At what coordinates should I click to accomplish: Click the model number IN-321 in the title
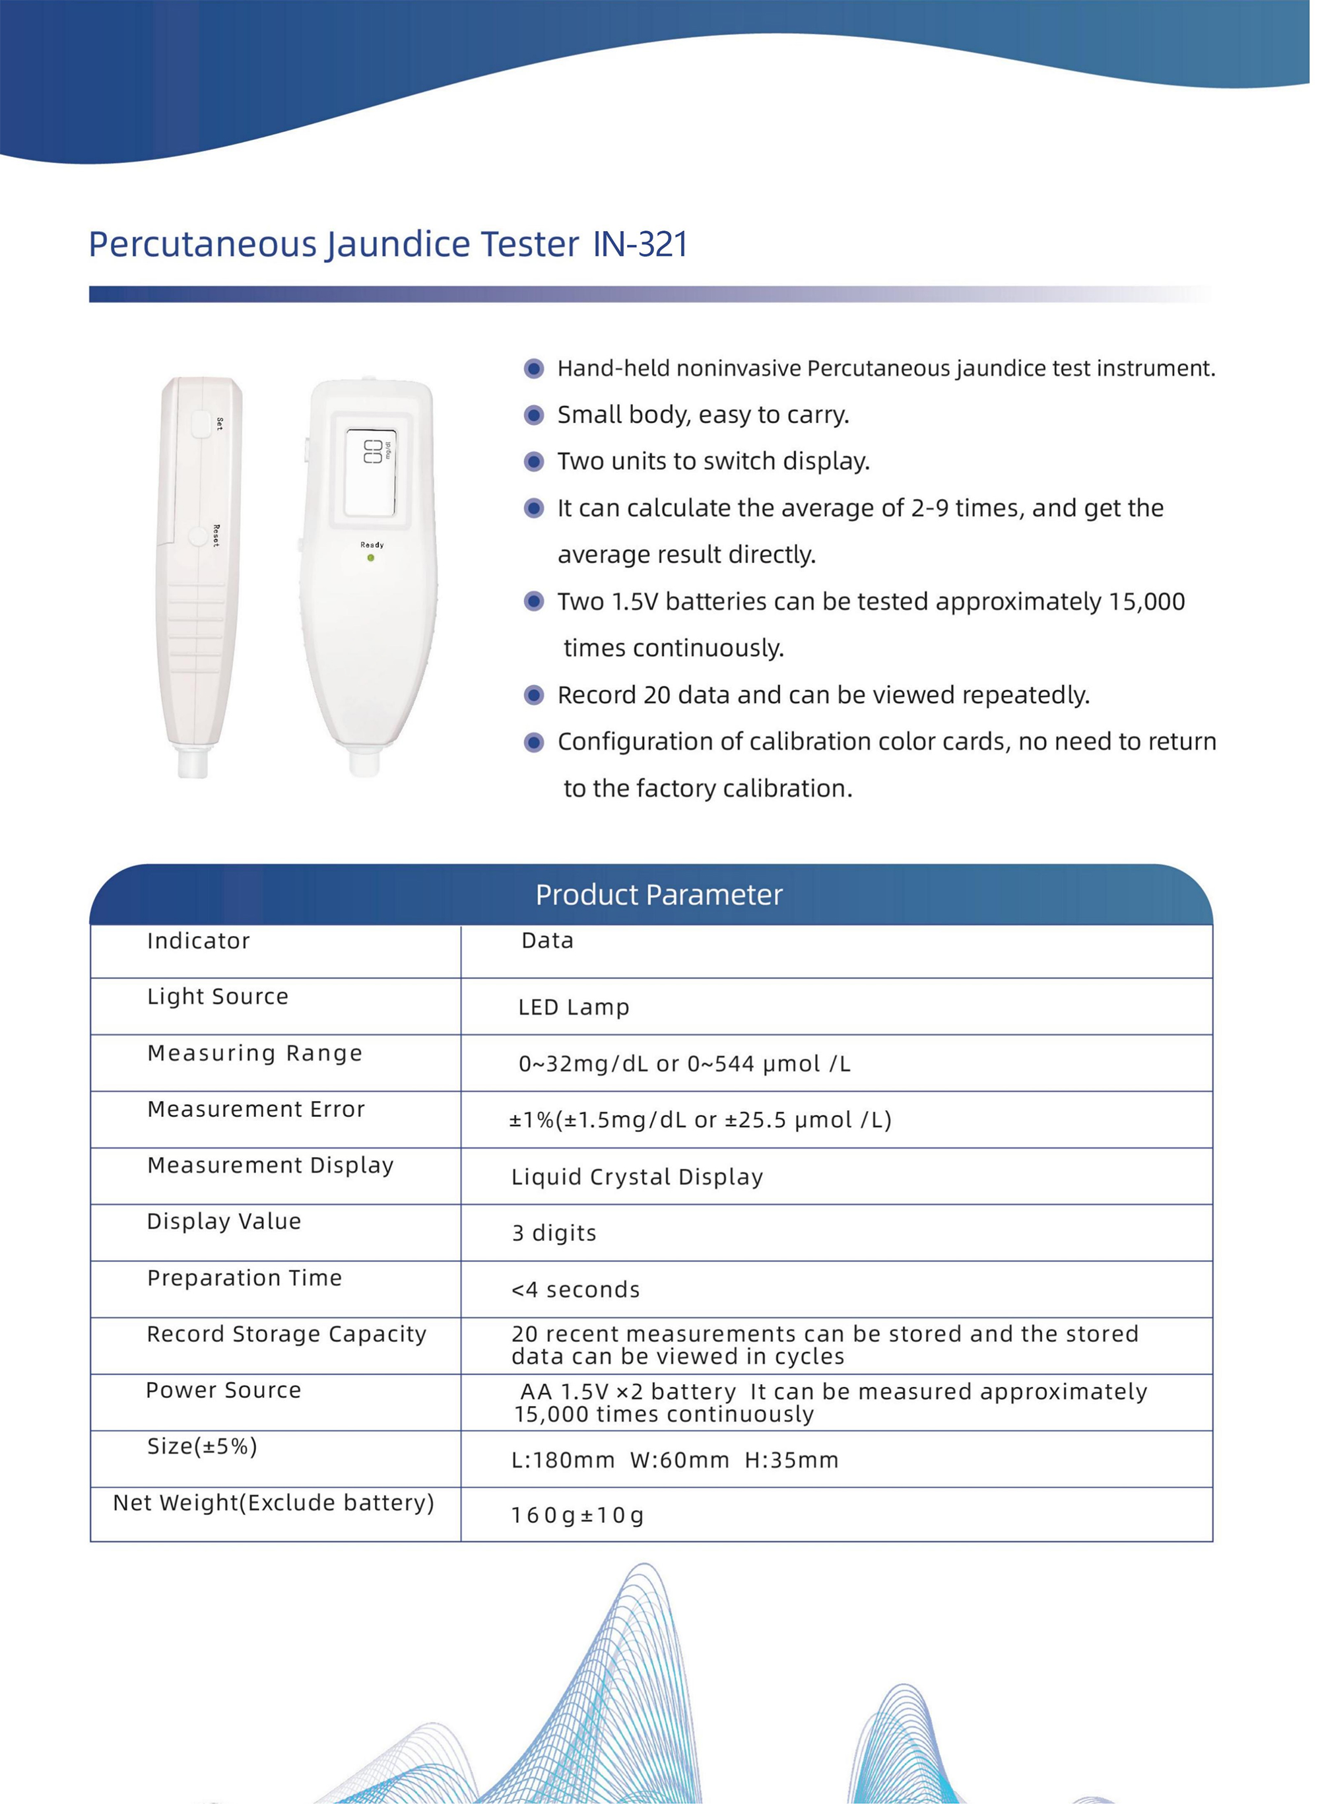640,244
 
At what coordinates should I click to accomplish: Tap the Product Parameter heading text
659,895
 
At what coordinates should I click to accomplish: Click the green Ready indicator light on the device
371,558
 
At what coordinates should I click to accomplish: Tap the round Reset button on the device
197,535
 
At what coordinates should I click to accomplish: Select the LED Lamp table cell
574,1007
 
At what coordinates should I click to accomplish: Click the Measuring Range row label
255,1053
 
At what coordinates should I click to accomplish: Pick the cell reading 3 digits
554,1233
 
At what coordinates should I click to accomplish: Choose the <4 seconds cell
576,1290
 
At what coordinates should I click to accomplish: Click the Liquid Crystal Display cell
637,1177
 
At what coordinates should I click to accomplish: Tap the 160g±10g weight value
577,1515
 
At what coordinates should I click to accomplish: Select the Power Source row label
224,1390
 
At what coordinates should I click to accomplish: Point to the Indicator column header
198,941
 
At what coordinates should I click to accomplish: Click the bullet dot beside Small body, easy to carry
534,415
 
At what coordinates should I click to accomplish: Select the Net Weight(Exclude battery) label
273,1503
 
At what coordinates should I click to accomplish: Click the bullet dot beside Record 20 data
534,695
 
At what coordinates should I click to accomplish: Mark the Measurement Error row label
255,1109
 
